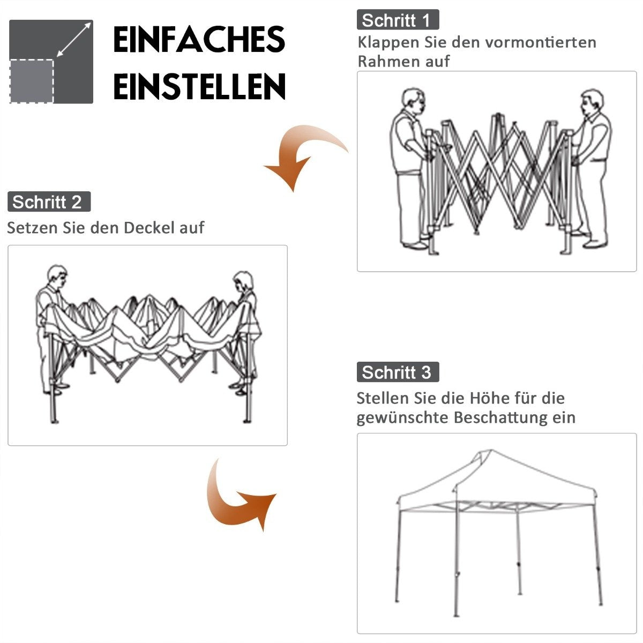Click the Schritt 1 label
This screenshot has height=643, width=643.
point(398,20)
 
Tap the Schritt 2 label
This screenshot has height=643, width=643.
point(49,201)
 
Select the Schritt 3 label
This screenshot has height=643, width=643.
point(398,372)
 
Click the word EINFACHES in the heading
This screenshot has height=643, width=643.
point(199,39)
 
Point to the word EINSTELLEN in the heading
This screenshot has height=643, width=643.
point(199,86)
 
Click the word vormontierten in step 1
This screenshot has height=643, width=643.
point(541,42)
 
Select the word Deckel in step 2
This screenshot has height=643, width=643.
point(149,228)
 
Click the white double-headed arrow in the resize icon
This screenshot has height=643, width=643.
point(74,40)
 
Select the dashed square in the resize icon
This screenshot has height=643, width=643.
point(32,81)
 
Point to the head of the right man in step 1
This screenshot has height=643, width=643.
point(592,102)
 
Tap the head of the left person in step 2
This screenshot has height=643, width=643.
point(57,275)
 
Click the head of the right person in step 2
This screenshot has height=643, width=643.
point(243,281)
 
